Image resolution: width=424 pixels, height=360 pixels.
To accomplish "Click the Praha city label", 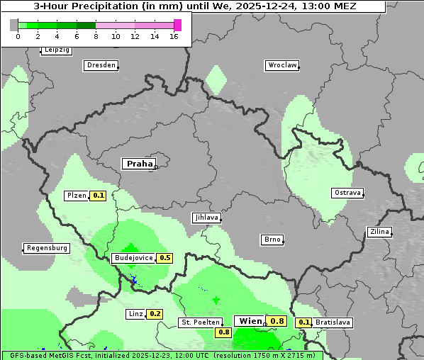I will pyautogui.click(x=139, y=164).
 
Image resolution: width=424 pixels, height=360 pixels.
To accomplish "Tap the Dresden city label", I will pyautogui.click(x=101, y=65).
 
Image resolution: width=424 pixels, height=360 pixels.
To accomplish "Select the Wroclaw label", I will pyautogui.click(x=281, y=65).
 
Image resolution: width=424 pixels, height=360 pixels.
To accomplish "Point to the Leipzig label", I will pyautogui.click(x=56, y=50).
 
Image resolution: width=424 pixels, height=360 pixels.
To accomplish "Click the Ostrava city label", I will pyautogui.click(x=347, y=193).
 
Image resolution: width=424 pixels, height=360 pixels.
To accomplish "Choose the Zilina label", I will pyautogui.click(x=380, y=232).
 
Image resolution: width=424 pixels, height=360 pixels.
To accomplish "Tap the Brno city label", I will pyautogui.click(x=272, y=240).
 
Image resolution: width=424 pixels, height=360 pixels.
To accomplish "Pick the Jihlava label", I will pyautogui.click(x=206, y=218).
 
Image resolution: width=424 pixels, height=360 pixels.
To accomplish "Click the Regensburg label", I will pyautogui.click(x=47, y=248).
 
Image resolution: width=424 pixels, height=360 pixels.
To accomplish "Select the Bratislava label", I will pyautogui.click(x=333, y=322).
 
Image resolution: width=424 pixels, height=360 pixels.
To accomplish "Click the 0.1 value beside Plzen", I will pyautogui.click(x=98, y=196).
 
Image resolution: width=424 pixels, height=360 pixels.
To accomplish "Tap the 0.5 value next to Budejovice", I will pyautogui.click(x=164, y=258).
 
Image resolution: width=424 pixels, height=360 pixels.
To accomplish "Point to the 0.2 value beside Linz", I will pyautogui.click(x=155, y=314).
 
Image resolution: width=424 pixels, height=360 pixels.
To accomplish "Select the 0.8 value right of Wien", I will pyautogui.click(x=277, y=321).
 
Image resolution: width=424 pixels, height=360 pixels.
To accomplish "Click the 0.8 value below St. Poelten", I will pyautogui.click(x=224, y=332).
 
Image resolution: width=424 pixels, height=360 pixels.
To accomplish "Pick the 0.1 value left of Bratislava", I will pyautogui.click(x=303, y=322).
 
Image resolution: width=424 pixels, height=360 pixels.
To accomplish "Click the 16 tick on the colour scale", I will pyautogui.click(x=174, y=36).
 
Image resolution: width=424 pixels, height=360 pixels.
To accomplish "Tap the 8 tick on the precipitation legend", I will pyautogui.click(x=96, y=36).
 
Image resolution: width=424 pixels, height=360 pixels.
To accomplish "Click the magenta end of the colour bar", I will pyautogui.click(x=177, y=25).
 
